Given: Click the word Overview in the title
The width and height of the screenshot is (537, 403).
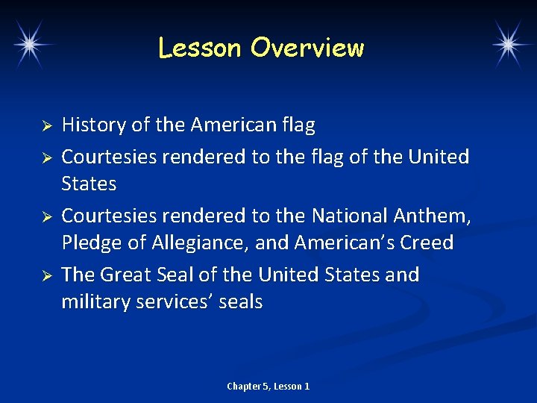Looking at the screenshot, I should pos(307,48).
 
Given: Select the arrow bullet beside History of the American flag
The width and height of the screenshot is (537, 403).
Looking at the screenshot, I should pos(45,125).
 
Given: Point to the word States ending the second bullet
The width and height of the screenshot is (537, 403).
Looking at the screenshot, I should pos(89,184).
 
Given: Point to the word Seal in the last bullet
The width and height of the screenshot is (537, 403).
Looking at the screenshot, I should pos(188,275).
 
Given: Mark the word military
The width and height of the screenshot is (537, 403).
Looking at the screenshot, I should pos(95,302).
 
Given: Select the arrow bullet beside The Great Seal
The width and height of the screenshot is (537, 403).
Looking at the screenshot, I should pos(45,275).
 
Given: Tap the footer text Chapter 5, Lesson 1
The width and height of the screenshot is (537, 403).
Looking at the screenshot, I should pos(268,386).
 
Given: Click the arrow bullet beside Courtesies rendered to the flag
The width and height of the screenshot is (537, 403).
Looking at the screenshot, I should pos(45,157).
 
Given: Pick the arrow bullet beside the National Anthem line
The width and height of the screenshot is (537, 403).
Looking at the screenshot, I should pos(45,216).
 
